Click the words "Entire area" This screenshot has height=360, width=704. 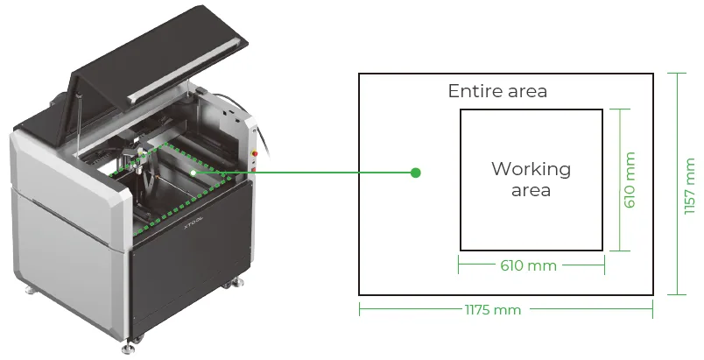[497, 91]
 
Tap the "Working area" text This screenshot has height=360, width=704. [532, 179]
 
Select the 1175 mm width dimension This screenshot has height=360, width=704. [492, 310]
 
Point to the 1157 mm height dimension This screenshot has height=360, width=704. [690, 186]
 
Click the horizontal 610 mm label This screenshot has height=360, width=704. [529, 265]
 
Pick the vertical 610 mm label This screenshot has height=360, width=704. [630, 180]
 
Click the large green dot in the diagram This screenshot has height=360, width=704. [416, 173]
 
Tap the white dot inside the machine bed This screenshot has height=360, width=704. [193, 173]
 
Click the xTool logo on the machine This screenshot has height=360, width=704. [194, 222]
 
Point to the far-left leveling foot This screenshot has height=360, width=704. [30, 290]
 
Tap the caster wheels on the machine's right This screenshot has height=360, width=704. [231, 284]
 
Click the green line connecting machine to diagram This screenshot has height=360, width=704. [305, 173]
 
